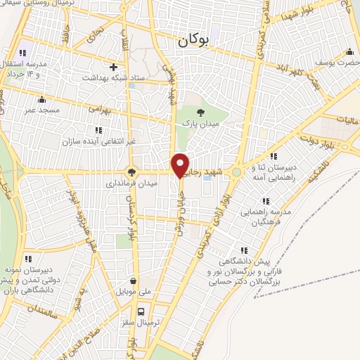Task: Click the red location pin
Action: coord(181,165)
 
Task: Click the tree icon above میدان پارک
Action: coord(202,111)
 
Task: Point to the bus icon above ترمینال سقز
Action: coord(141,311)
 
